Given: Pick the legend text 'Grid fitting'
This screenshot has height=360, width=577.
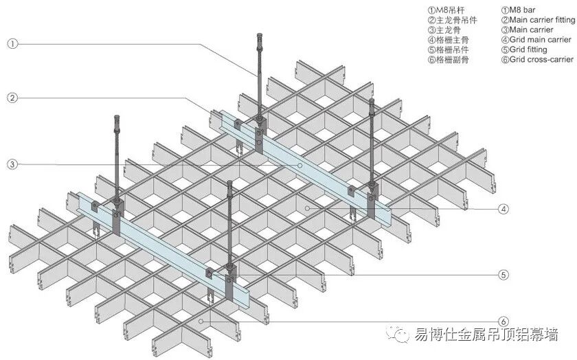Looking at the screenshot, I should click(528, 49).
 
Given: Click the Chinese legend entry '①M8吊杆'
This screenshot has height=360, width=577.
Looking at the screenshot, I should click(446, 10).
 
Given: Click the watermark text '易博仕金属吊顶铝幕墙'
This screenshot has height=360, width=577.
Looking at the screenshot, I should click(486, 336).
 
